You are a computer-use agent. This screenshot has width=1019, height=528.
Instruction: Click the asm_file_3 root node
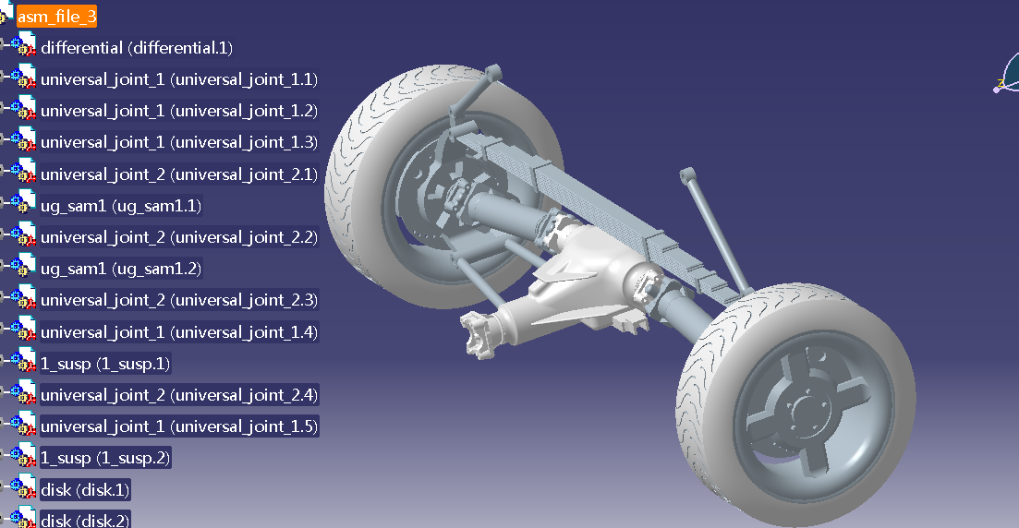(56, 17)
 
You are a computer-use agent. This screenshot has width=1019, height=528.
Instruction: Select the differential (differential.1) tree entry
(137, 48)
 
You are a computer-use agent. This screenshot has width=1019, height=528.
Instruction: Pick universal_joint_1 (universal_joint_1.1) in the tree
(178, 79)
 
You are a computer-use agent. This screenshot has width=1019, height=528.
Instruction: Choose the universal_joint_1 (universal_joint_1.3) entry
(178, 142)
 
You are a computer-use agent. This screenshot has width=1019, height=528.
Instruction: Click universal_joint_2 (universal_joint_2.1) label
(178, 174)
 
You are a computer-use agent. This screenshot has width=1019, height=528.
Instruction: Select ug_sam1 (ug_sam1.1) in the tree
(121, 206)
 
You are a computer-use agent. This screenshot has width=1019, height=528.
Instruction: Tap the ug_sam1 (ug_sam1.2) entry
(121, 269)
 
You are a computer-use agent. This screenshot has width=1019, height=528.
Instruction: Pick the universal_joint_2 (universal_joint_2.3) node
(178, 300)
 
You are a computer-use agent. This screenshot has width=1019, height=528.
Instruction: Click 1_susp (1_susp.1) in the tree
(105, 364)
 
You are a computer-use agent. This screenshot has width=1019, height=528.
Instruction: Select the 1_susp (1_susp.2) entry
(105, 458)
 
